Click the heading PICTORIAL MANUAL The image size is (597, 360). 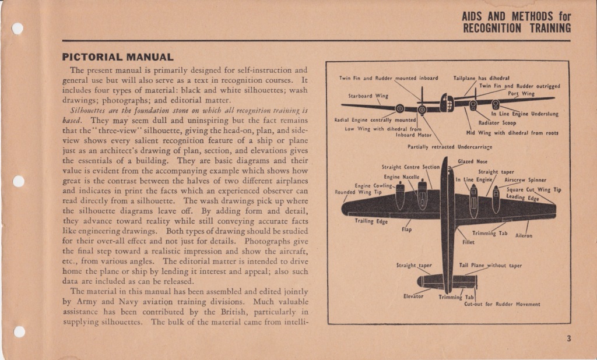click(118, 57)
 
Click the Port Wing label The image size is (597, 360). click(521, 93)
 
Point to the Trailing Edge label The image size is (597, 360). click(371, 221)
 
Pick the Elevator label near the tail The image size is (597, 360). click(413, 296)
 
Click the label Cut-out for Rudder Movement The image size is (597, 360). click(493, 303)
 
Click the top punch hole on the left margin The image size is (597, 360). click(17, 28)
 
